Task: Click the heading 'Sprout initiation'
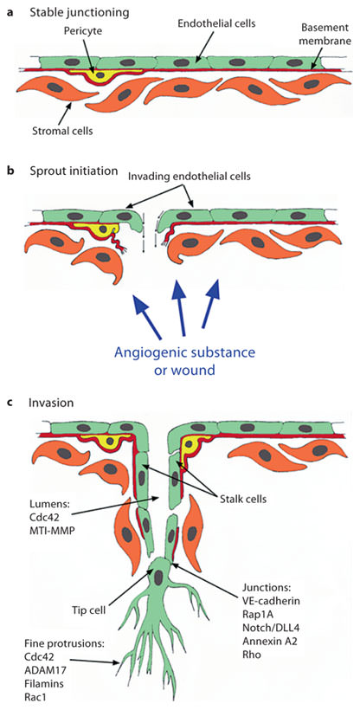point(68,171)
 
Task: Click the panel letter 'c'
point(9,403)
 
